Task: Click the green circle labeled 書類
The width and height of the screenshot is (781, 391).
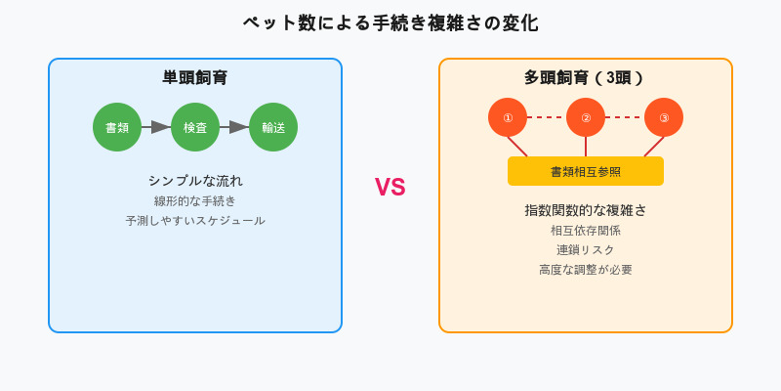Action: (117, 127)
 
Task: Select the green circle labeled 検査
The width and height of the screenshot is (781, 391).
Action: (195, 127)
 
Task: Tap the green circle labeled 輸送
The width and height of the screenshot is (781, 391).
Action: (273, 127)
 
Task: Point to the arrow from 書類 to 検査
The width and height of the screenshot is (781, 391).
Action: (156, 127)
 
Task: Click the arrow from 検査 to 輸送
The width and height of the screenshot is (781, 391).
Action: (234, 127)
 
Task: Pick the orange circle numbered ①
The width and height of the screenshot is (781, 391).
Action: (508, 117)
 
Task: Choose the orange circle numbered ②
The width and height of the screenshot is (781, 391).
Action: (586, 117)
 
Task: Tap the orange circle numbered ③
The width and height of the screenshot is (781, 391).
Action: (664, 117)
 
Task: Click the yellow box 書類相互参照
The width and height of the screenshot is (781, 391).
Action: (586, 171)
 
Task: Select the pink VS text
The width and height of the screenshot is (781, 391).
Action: (390, 188)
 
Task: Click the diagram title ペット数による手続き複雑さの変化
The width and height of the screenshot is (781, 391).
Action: (390, 23)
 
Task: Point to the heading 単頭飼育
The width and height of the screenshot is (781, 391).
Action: (195, 78)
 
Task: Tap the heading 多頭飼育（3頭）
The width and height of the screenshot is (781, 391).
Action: (586, 78)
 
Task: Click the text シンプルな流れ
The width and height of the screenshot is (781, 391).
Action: (195, 181)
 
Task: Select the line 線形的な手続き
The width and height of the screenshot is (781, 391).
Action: (195, 201)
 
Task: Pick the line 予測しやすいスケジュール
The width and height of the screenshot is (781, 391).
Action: (195, 221)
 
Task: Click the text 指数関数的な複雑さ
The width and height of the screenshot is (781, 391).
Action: (586, 210)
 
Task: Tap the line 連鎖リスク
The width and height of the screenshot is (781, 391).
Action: (586, 250)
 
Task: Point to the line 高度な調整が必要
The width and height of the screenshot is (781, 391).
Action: (586, 270)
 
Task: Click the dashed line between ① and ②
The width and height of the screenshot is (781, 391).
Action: (547, 117)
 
